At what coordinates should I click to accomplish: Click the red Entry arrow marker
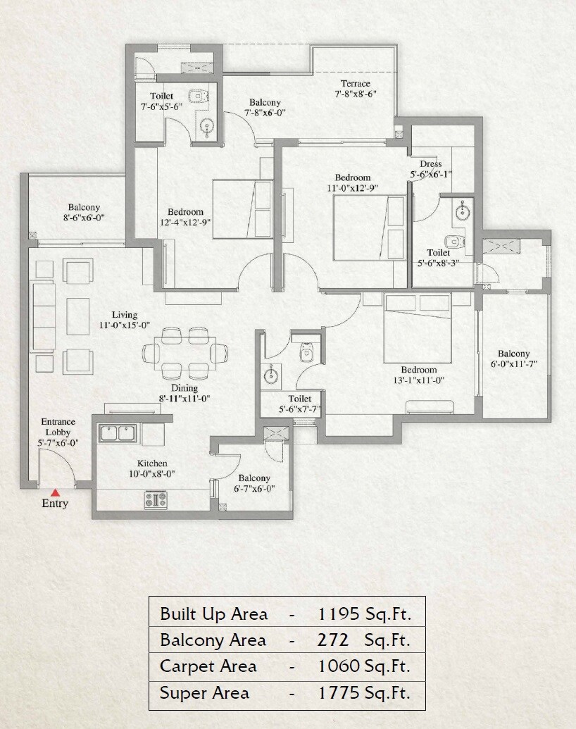(55, 492)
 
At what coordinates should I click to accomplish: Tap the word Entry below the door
(55, 504)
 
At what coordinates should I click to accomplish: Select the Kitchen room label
(152, 463)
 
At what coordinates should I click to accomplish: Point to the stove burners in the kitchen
(156, 501)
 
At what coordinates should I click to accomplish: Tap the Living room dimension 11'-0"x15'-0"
(123, 325)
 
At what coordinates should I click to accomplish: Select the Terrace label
(352, 84)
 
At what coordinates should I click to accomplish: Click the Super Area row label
(204, 693)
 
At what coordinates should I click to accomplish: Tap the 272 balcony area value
(333, 640)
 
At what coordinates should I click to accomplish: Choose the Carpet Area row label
(208, 666)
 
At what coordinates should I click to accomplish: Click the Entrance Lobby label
(58, 427)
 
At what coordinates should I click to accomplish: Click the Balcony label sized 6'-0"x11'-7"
(514, 354)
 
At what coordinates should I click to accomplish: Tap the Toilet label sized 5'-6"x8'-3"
(438, 253)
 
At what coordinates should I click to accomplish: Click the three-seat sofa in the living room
(44, 317)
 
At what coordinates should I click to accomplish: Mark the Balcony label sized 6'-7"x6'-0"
(253, 478)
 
